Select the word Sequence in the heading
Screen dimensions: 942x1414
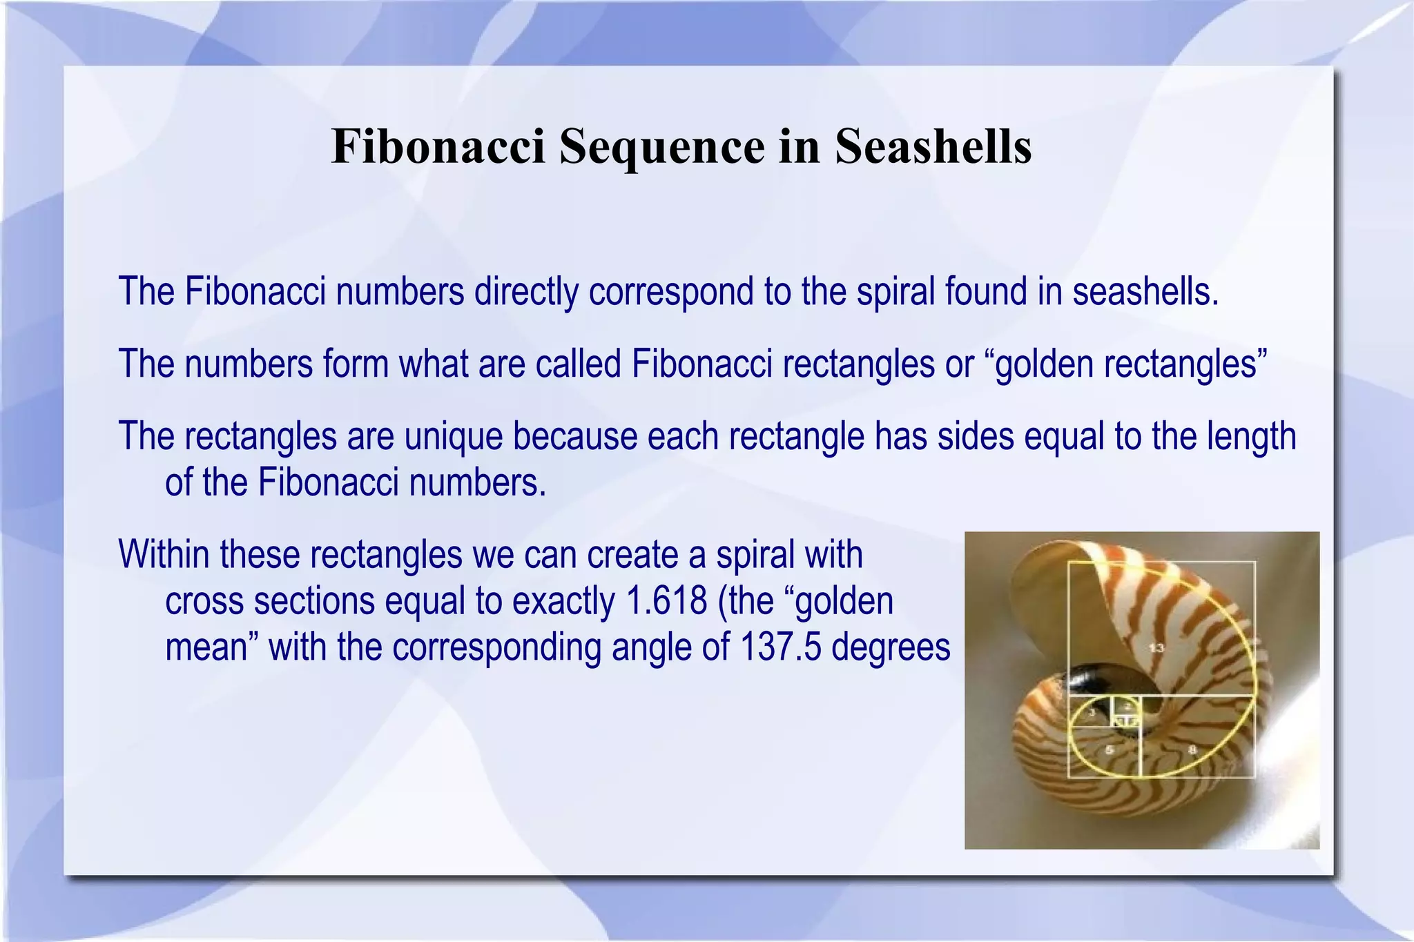pyautogui.click(x=662, y=148)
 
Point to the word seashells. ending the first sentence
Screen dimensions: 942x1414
pyautogui.click(x=1145, y=291)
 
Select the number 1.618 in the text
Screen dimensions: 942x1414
pyautogui.click(x=666, y=601)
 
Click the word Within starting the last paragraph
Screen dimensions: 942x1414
pyautogui.click(x=164, y=554)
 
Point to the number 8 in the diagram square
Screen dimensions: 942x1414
pyautogui.click(x=1192, y=749)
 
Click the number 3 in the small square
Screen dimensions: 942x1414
pyautogui.click(x=1092, y=713)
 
